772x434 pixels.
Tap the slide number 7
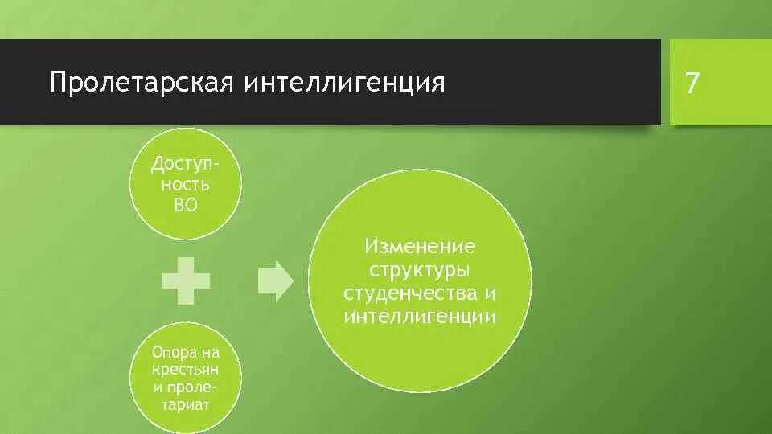pyautogui.click(x=692, y=84)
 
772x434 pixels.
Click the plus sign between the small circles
pyautogui.click(x=186, y=280)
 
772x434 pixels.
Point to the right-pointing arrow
pyautogui.click(x=276, y=280)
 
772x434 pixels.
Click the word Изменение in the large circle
pyautogui.click(x=421, y=245)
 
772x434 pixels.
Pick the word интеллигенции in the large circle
pyautogui.click(x=420, y=316)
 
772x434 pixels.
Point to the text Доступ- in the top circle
pyautogui.click(x=186, y=165)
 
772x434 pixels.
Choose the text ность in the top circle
pyautogui.click(x=186, y=184)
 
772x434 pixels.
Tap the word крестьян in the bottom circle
pyautogui.click(x=186, y=371)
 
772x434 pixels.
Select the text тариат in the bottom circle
pyautogui.click(x=186, y=405)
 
